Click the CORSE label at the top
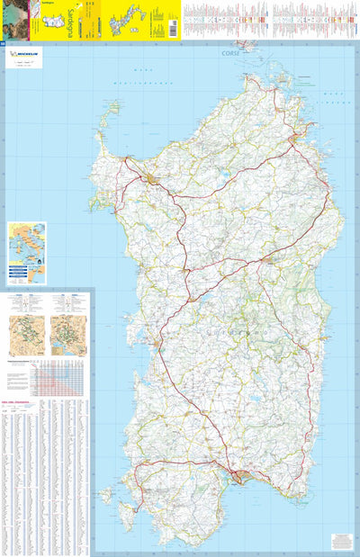tap(232, 53)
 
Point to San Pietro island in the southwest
tap(106, 494)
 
